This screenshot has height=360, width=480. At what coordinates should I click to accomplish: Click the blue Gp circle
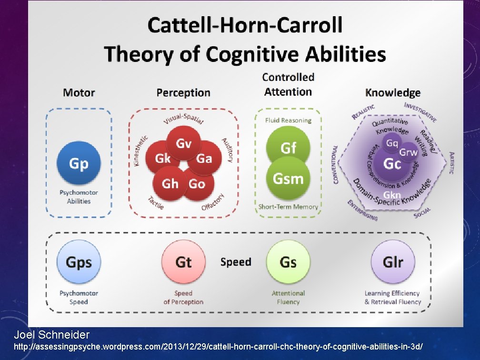[x=79, y=163]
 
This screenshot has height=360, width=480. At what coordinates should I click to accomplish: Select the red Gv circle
[x=184, y=143]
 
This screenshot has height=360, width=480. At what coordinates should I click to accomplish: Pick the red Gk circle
[x=162, y=159]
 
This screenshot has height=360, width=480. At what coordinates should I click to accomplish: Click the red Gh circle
[x=170, y=184]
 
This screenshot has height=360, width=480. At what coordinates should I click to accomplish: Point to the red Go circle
[x=197, y=184]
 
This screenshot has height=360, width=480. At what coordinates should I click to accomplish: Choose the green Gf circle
[x=288, y=148]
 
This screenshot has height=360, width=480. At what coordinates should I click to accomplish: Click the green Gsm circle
[x=288, y=179]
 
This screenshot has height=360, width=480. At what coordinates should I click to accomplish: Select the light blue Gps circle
[x=79, y=262]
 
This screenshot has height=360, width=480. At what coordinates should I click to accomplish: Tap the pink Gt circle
[x=183, y=262]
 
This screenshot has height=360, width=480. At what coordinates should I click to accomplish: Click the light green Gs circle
[x=288, y=262]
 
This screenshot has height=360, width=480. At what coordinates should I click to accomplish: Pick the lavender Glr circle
[x=393, y=262]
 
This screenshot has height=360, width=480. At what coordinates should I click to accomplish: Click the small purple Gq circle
[x=392, y=143]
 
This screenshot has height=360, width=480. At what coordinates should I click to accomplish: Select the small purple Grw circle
[x=408, y=152]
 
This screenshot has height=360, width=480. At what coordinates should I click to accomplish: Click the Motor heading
[x=79, y=92]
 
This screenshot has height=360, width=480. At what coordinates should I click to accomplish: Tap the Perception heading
[x=183, y=92]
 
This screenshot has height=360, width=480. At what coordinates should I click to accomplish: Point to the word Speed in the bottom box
[x=236, y=262]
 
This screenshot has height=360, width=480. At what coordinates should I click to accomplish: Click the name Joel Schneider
[x=51, y=335]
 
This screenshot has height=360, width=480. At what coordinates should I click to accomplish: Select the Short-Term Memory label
[x=288, y=207]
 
